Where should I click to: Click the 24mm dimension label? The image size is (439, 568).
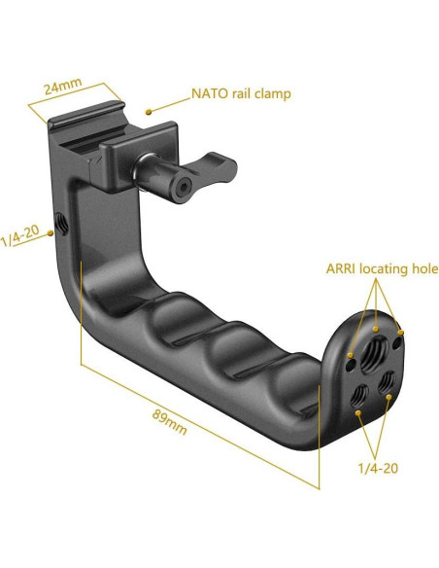[x=62, y=86]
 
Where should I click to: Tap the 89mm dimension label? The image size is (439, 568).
[x=169, y=422]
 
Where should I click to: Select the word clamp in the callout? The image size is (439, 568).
[x=272, y=93]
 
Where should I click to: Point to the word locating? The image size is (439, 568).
[x=384, y=269]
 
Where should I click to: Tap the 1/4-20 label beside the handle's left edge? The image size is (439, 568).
[x=20, y=235]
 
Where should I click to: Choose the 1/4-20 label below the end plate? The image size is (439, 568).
[x=378, y=468]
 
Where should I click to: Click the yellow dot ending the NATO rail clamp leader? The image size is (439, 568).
[x=149, y=112]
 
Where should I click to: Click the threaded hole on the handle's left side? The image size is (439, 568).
[x=62, y=224]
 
